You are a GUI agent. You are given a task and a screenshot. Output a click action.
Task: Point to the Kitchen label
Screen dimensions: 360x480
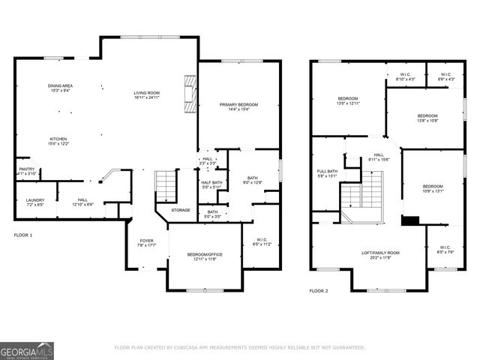pos(58,139)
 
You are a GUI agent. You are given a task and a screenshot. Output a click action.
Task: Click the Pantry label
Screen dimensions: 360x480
pos(26,169)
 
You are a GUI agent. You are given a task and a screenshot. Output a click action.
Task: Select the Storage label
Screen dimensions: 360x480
pos(180,210)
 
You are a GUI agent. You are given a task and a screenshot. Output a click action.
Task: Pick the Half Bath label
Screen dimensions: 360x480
pos(211,182)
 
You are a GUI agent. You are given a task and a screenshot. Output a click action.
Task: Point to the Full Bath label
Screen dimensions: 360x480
pos(327,172)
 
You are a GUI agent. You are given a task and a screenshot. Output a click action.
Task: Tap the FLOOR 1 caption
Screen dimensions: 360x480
pos(23,235)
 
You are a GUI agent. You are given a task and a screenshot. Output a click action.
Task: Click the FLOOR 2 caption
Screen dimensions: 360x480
pos(319,290)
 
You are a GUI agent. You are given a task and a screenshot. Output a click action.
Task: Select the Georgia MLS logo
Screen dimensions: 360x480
pos(26,350)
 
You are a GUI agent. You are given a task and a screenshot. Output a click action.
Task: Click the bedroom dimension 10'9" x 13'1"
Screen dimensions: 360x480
pos(433,190)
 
